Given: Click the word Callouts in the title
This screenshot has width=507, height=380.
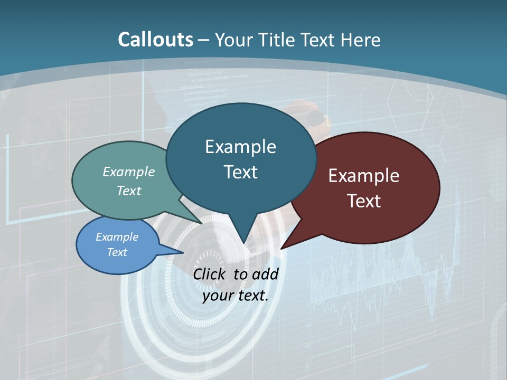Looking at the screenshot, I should [x=156, y=40].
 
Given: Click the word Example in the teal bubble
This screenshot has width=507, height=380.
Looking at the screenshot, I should [x=240, y=147].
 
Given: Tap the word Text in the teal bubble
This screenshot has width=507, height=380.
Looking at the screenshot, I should [x=240, y=172].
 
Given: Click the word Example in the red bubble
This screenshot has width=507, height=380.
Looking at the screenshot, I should [x=364, y=176].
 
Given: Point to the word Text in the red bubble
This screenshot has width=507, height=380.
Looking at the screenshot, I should [x=364, y=201].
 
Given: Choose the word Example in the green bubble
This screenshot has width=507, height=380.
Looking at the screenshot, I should [x=128, y=172].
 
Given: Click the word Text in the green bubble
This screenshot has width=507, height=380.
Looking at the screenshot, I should [x=128, y=191].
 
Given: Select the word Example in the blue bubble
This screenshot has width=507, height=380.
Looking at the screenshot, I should [x=117, y=237].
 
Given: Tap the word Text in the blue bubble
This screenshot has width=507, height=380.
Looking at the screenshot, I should [x=117, y=252].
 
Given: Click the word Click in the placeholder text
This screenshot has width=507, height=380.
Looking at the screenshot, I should [x=210, y=274].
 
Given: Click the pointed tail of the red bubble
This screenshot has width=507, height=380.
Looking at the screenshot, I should [x=285, y=245].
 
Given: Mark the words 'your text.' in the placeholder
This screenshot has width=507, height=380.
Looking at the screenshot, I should [x=235, y=296].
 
